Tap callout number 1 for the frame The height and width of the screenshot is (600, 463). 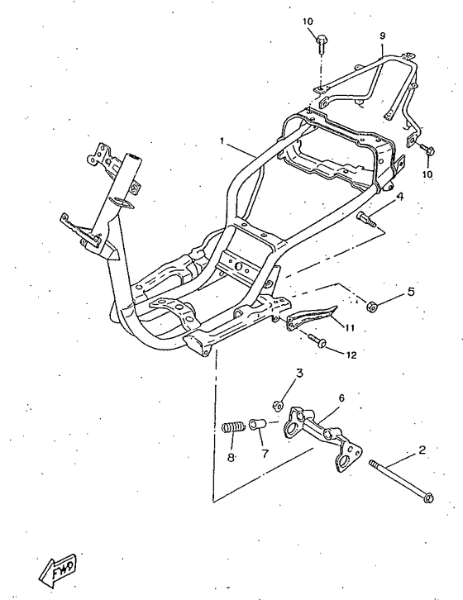222,141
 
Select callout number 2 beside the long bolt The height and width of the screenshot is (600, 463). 422,450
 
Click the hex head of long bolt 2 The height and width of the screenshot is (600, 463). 428,498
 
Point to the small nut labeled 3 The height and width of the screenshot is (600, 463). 278,404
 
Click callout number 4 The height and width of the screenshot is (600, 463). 399,197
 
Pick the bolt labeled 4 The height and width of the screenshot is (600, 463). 365,219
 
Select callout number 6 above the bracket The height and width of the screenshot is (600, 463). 341,398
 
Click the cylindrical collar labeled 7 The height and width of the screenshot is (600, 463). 257,425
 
